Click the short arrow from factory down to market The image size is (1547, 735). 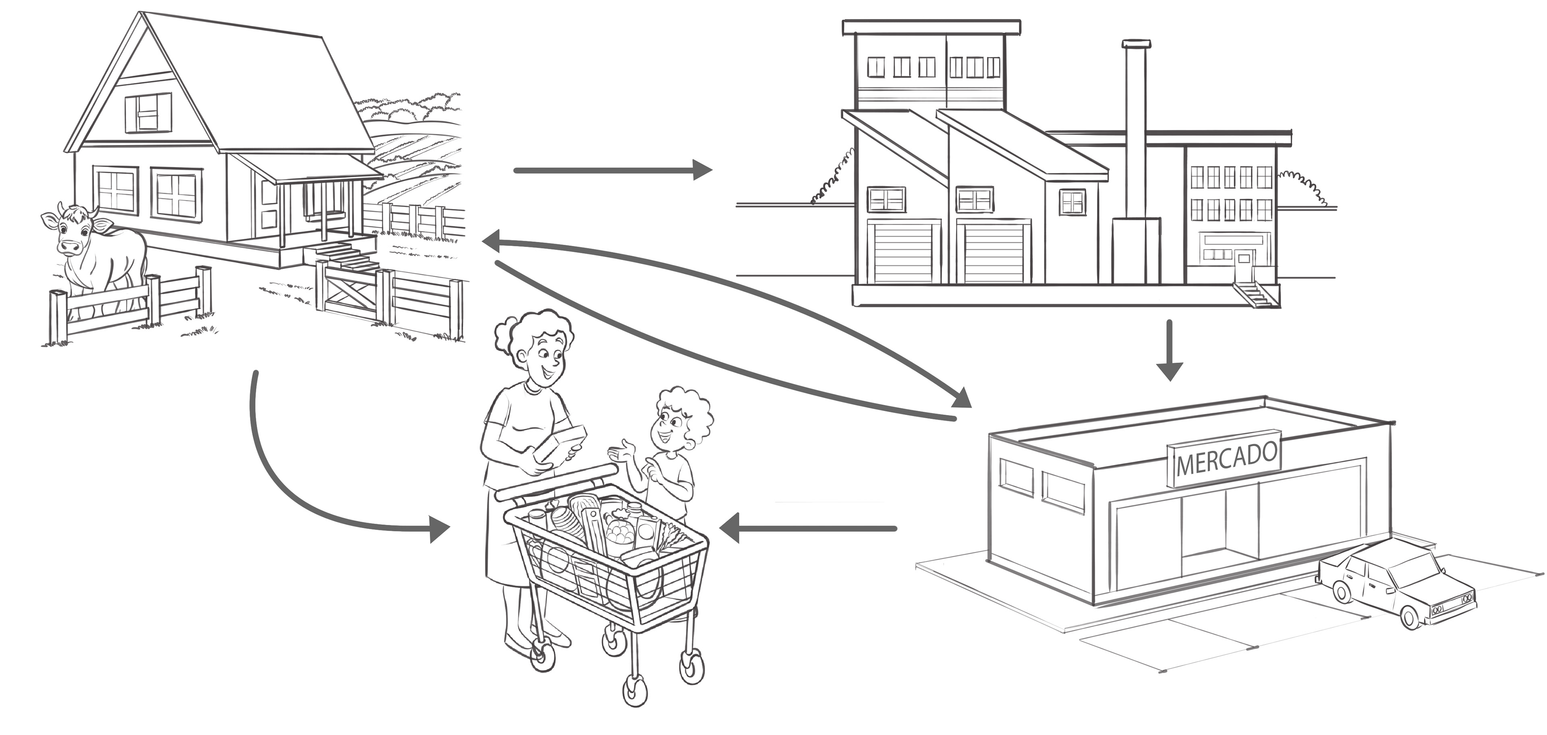click(1169, 351)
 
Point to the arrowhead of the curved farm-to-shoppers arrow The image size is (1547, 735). click(440, 529)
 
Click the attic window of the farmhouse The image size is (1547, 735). click(148, 113)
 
